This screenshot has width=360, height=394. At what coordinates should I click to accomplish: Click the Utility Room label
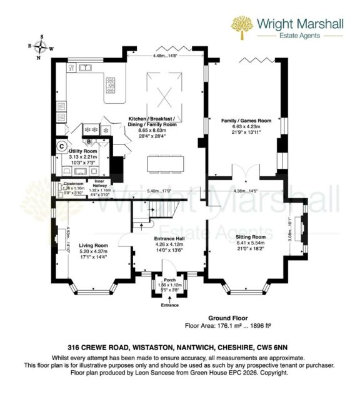click(82, 151)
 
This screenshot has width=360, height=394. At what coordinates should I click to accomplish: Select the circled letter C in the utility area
click(61, 147)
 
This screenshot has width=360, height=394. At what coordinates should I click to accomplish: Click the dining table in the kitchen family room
click(166, 164)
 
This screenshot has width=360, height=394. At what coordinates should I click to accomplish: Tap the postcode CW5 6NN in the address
click(276, 346)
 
